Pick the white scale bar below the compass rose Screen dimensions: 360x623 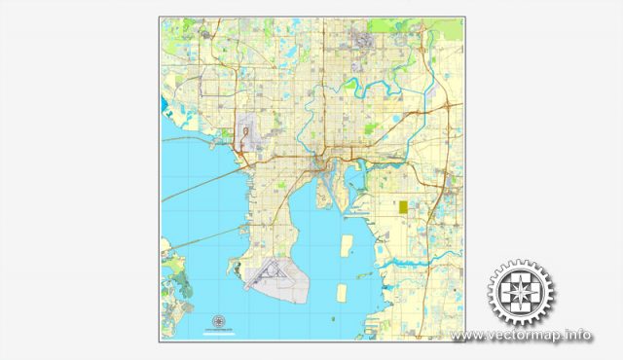(x=217, y=331)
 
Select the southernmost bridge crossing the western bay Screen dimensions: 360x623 (x=200, y=234)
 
